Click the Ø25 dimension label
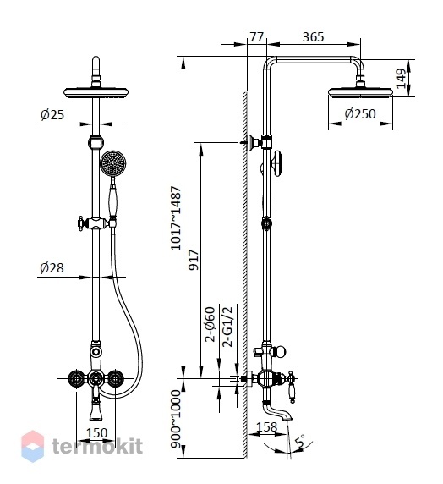pyautogui.click(x=52, y=115)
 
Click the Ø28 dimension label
pyautogui.click(x=52, y=267)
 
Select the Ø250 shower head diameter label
pyautogui.click(x=360, y=114)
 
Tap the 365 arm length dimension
pyautogui.click(x=313, y=37)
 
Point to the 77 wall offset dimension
pyautogui.click(x=257, y=37)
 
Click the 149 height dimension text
pyautogui.click(x=401, y=79)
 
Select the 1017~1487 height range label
pyautogui.click(x=176, y=218)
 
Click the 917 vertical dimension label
pyautogui.click(x=194, y=261)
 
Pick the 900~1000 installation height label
pyautogui.click(x=175, y=419)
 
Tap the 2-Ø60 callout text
pyautogui.click(x=210, y=324)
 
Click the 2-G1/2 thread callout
pyautogui.click(x=228, y=327)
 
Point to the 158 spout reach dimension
pyautogui.click(x=267, y=427)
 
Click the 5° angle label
pyautogui.click(x=300, y=441)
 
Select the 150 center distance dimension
pyautogui.click(x=97, y=432)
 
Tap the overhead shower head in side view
pyautogui.click(x=360, y=92)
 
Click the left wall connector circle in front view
pyautogui.click(x=76, y=378)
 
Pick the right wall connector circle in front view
pyautogui.click(x=115, y=378)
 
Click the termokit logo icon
pyautogui.click(x=32, y=446)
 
